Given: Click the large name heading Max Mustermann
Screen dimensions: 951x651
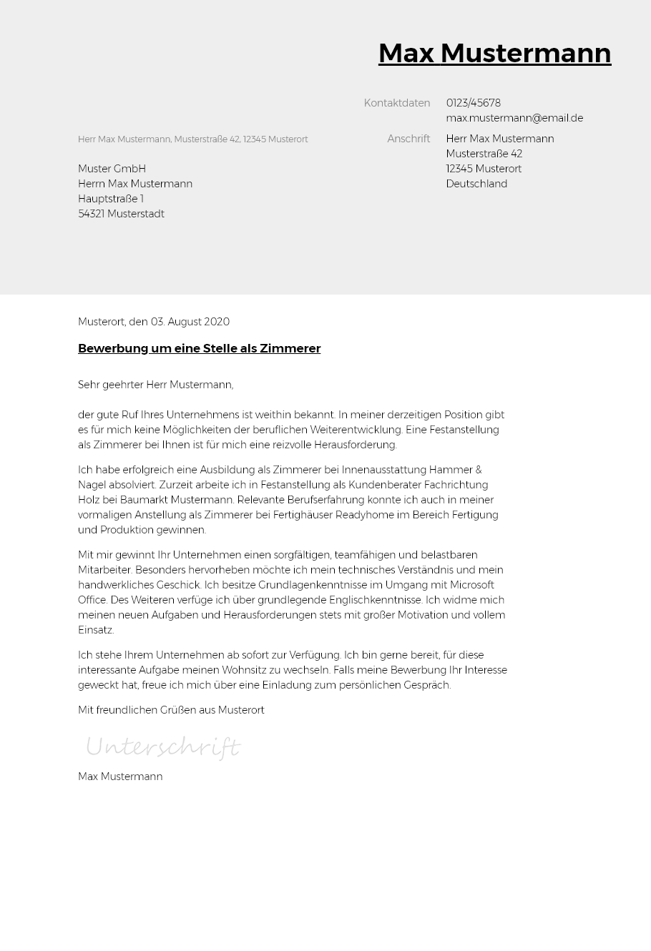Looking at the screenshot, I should pos(494,54).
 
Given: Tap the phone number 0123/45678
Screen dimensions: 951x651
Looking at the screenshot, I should pos(473,103).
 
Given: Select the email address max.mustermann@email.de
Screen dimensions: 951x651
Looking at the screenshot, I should pos(514,118).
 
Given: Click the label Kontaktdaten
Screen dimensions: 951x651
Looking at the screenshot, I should pos(396,103).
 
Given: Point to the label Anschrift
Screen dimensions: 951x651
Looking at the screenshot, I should pos(408,139).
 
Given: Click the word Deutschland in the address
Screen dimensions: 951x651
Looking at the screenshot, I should pos(476,184).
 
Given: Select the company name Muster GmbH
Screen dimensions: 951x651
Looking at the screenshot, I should pos(112,169).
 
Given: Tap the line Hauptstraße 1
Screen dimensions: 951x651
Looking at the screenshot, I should pos(110,199).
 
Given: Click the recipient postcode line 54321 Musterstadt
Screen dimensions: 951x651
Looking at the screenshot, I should pos(121,214).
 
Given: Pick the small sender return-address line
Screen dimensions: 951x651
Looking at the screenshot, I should pos(192,139).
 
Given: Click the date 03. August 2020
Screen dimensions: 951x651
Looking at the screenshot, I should pos(190,322).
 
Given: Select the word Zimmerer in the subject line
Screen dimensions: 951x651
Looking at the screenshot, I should pos(290,348).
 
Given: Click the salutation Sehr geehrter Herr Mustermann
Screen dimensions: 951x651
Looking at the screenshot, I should pos(155,385).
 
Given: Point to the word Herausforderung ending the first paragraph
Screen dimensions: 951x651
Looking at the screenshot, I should pos(355,445).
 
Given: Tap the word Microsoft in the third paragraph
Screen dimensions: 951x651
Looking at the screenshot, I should pos(472,585).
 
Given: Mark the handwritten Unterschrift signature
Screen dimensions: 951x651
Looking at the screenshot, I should pos(162,747).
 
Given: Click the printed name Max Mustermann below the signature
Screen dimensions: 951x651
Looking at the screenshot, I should pos(120,777).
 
